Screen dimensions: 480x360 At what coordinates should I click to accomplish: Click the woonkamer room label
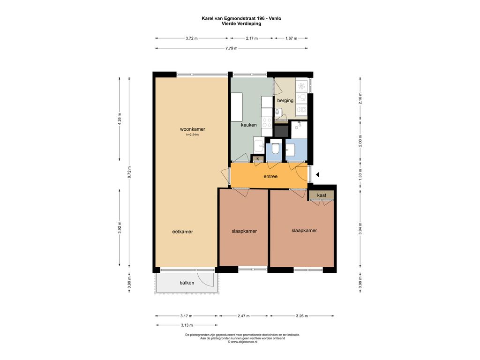pyautogui.click(x=193, y=129)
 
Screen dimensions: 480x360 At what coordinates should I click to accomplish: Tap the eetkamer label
pyautogui.click(x=182, y=232)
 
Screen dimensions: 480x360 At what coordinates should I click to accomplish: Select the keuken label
pyautogui.click(x=248, y=125)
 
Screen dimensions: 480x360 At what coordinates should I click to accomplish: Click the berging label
pyautogui.click(x=285, y=100)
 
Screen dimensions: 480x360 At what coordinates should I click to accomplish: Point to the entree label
pyautogui.click(x=270, y=176)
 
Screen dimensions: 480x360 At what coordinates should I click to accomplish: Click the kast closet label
pyautogui.click(x=322, y=195)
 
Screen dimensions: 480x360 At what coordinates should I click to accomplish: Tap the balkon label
pyautogui.click(x=187, y=283)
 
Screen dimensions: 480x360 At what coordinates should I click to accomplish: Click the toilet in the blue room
pyautogui.click(x=275, y=148)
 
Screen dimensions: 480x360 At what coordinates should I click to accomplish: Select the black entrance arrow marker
pyautogui.click(x=317, y=174)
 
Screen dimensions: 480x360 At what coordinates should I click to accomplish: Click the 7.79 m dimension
pyautogui.click(x=232, y=48)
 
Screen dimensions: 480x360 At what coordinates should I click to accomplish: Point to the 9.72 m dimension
pyautogui.click(x=129, y=172)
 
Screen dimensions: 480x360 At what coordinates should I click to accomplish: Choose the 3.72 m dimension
pyautogui.click(x=192, y=38)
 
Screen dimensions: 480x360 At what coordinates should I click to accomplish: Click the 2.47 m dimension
pyautogui.click(x=244, y=316)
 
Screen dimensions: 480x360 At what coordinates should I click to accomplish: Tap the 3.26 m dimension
pyautogui.click(x=302, y=316)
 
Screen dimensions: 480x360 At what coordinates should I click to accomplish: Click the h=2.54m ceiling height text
pyautogui.click(x=193, y=135)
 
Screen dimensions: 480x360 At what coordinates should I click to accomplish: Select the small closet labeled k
pyautogui.click(x=258, y=158)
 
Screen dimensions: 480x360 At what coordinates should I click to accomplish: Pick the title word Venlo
pyautogui.click(x=275, y=18)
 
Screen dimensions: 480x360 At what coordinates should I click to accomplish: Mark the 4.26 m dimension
pyautogui.click(x=120, y=118)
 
